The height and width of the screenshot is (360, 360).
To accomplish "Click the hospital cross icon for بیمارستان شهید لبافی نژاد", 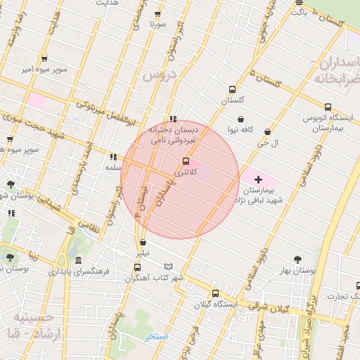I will pos(258,179).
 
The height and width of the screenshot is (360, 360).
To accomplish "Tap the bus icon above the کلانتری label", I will pos(186,161).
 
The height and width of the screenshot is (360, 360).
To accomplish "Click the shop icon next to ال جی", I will pos(267,131).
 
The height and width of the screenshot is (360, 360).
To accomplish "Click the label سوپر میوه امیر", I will pos(44,70).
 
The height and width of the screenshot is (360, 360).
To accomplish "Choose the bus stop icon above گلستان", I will pos(231,89).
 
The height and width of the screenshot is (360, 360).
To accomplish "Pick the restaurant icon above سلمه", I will pos(112,156).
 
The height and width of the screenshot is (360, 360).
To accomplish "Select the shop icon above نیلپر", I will pos(143,242).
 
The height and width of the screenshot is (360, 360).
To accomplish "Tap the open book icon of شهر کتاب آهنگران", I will pos(167,266).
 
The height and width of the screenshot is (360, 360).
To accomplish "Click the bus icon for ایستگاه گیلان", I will pos(215,293).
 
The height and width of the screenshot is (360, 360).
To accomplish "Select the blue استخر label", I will pos(156,337).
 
